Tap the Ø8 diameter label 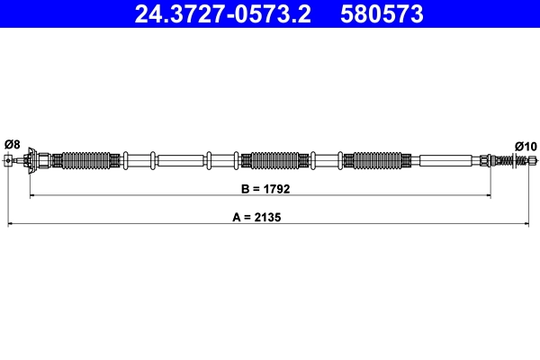12,144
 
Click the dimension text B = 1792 260,190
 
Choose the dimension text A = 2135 260,217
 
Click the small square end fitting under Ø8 8,161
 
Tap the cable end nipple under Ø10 531,161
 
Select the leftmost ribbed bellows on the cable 87,161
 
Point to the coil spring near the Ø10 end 513,161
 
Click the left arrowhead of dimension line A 11,222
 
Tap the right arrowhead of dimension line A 529,222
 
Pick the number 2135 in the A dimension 272,217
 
